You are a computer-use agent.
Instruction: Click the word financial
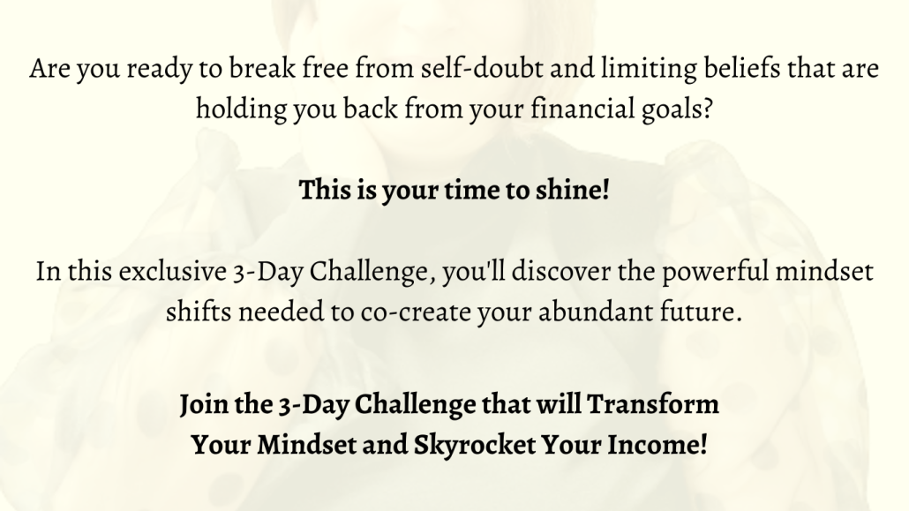[582, 109]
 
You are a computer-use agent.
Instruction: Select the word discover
[561, 272]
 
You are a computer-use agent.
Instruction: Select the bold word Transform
[653, 403]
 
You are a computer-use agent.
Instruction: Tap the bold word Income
[657, 446]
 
